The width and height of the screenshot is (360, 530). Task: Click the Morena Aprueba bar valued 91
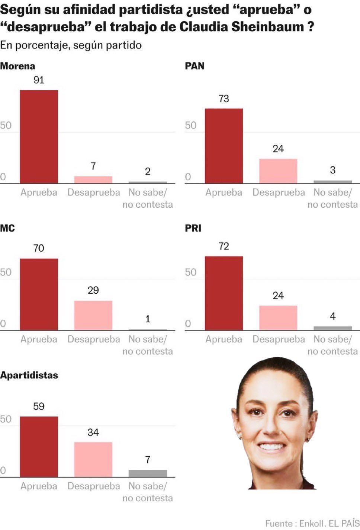tap(39, 137)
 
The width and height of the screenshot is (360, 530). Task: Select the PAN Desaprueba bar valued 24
tap(278, 171)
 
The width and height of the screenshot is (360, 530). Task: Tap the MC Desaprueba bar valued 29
tap(93, 315)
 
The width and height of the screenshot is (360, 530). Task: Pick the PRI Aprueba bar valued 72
tap(224, 293)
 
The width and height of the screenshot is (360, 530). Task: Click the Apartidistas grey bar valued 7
tap(148, 473)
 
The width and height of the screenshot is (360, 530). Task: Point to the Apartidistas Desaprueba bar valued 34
tap(93, 460)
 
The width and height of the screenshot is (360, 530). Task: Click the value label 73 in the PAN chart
tap(224, 99)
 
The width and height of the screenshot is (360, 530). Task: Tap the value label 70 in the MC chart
tap(39, 248)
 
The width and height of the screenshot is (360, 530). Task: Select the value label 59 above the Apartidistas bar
tap(39, 406)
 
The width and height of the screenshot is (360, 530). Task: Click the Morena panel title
tap(17, 66)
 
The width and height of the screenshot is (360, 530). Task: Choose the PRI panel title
tap(193, 228)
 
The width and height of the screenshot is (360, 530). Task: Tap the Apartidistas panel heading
tap(29, 375)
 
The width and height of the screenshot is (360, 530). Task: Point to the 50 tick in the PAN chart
tap(190, 125)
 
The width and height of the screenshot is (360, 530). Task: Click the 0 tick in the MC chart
tap(3, 324)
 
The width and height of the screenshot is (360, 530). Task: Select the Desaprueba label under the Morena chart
tap(94, 192)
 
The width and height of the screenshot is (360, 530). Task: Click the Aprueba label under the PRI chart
tap(224, 339)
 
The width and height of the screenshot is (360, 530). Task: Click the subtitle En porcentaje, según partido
tap(71, 45)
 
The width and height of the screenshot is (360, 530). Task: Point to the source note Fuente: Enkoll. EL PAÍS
tap(312, 523)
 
